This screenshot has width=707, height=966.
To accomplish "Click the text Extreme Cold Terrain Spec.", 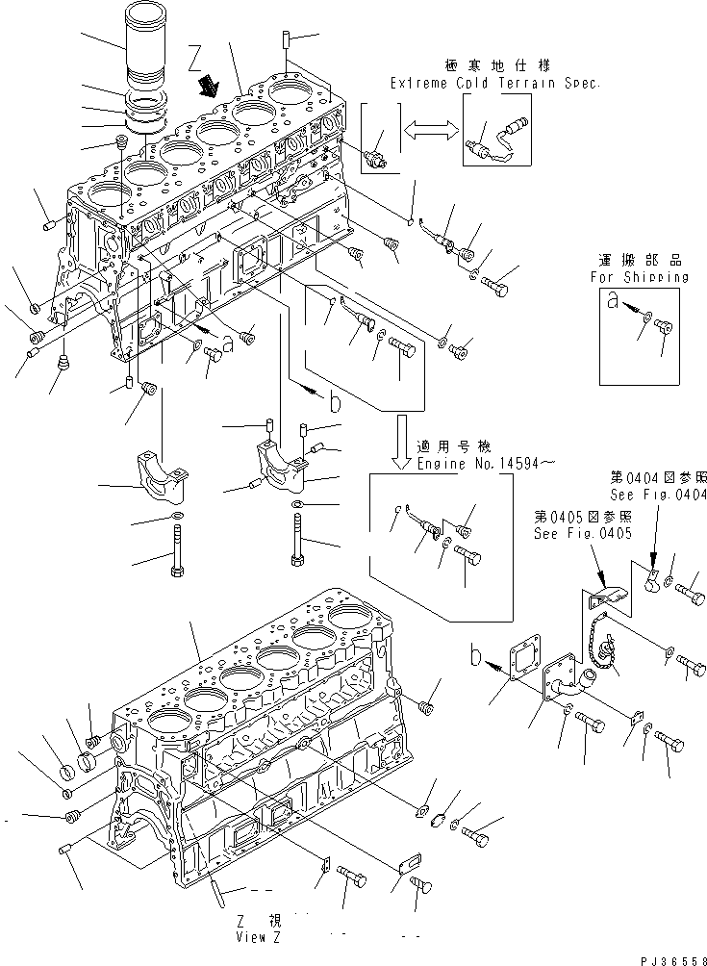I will (495, 84).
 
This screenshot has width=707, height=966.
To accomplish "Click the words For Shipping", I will (640, 276).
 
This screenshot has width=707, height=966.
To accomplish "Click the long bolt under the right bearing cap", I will (296, 539).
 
